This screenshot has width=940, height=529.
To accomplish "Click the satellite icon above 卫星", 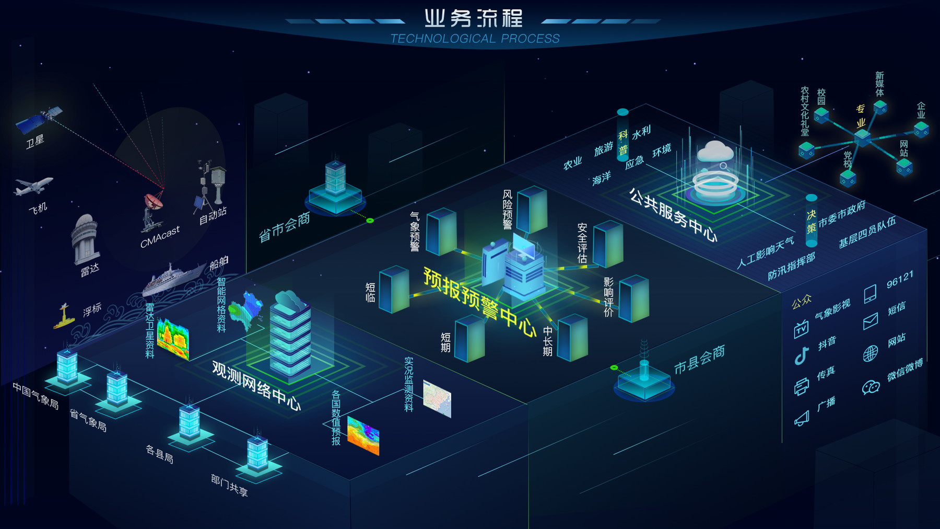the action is click(39, 119).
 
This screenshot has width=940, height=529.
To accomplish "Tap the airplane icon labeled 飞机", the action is click(33, 186).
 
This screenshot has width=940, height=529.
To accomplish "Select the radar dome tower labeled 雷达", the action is click(85, 238).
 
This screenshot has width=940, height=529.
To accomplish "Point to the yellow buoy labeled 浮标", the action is click(64, 316).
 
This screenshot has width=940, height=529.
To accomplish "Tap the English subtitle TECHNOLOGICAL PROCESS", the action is click(475, 39).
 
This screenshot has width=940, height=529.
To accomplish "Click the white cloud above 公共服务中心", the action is click(715, 151).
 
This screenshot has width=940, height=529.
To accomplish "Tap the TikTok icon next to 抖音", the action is click(801, 355).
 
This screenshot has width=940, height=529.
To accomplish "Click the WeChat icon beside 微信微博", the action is click(871, 387).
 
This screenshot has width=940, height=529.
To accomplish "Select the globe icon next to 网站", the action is click(870, 354).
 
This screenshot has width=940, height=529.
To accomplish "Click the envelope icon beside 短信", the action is click(870, 321).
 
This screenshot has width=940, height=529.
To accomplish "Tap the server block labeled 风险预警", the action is click(532, 209).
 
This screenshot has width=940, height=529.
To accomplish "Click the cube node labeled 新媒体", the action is click(880, 107).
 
